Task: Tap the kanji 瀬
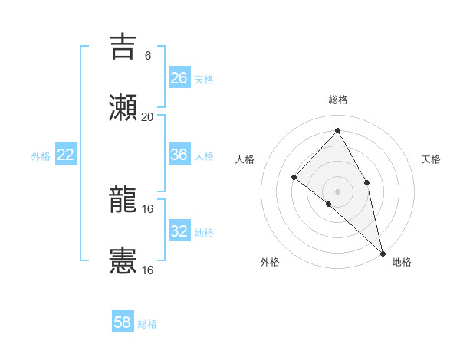pyautogui.click(x=123, y=107)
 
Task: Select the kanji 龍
pyautogui.click(x=123, y=201)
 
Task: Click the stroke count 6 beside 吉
pyautogui.click(x=148, y=55)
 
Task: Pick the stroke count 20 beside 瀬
pyautogui.click(x=148, y=116)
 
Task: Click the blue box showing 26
pyautogui.click(x=179, y=78)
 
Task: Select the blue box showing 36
pyautogui.click(x=179, y=155)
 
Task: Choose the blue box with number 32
pyautogui.click(x=179, y=231)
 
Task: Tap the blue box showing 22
pyautogui.click(x=66, y=155)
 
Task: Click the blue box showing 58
pyautogui.click(x=123, y=322)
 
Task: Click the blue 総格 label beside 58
pyautogui.click(x=147, y=324)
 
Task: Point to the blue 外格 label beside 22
pyautogui.click(x=41, y=156)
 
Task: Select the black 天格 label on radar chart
pyautogui.click(x=431, y=159)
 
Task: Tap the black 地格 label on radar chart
pyautogui.click(x=402, y=262)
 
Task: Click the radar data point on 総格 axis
pyautogui.click(x=337, y=130)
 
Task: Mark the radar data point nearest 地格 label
pyautogui.click(x=383, y=252)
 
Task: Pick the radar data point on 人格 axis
pyautogui.click(x=294, y=177)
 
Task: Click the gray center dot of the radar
pyautogui.click(x=337, y=191)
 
